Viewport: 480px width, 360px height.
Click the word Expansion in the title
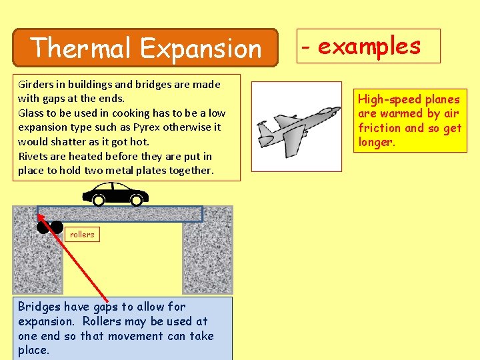pyautogui.click(x=201, y=48)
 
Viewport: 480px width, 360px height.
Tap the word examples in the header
pyautogui.click(x=369, y=46)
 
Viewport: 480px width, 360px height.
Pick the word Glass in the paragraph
pyautogui.click(x=31, y=113)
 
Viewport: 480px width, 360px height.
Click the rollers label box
pyautogui.click(x=82, y=234)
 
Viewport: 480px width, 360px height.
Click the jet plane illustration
pyautogui.click(x=295, y=127)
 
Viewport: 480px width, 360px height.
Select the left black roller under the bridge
pyautogui.click(x=43, y=227)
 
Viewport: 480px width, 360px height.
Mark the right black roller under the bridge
pyautogui.click(x=57, y=227)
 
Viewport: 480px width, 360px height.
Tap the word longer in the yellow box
pyautogui.click(x=375, y=142)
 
